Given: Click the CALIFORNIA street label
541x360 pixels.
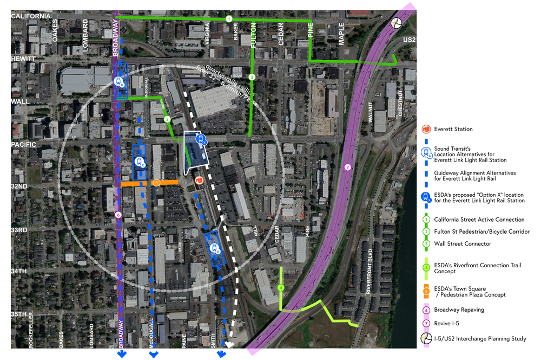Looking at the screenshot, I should tap(31, 16).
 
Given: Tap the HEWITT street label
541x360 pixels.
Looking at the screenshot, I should tap(23, 59).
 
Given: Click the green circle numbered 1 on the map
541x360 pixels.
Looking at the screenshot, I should tap(229, 19).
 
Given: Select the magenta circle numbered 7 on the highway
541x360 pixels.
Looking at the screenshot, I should tap(347, 167).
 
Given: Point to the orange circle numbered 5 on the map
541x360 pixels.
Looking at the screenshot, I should tap(156, 183).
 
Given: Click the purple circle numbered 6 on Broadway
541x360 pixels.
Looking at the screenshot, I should tap(118, 215).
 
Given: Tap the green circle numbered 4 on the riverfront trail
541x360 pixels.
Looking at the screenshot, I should tap(280, 288).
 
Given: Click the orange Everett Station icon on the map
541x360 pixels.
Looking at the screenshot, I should tap(199, 180).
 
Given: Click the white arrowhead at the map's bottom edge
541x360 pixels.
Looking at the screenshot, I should tap(229, 344).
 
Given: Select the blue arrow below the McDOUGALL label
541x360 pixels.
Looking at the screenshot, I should tap(153, 353).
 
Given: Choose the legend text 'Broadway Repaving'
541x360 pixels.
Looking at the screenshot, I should tap(459, 310).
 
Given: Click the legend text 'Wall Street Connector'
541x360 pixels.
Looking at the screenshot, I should tap(463, 243).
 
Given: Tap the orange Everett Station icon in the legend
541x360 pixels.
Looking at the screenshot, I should tap(426, 130).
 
